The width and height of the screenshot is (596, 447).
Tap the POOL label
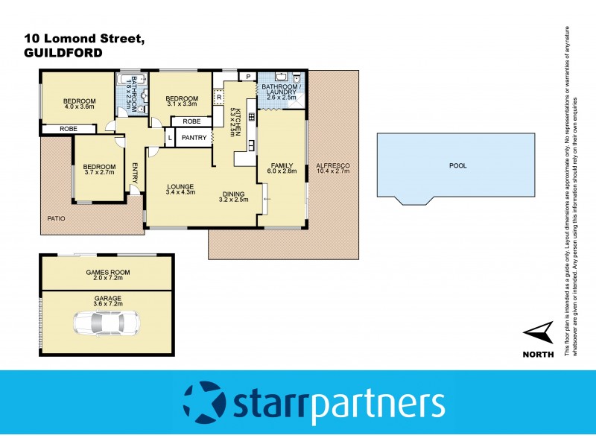point(457,166)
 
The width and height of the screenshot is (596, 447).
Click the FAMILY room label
point(282,165)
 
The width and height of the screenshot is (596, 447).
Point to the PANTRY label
point(194,137)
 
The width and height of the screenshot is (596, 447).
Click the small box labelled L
point(169,137)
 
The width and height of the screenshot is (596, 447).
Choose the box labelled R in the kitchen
point(219,97)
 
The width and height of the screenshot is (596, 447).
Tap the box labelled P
point(246,77)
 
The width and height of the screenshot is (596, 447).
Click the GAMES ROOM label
point(107,273)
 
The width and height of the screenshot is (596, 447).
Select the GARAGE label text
point(107,298)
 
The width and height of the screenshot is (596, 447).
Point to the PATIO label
point(56,218)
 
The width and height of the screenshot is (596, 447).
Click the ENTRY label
point(135,171)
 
